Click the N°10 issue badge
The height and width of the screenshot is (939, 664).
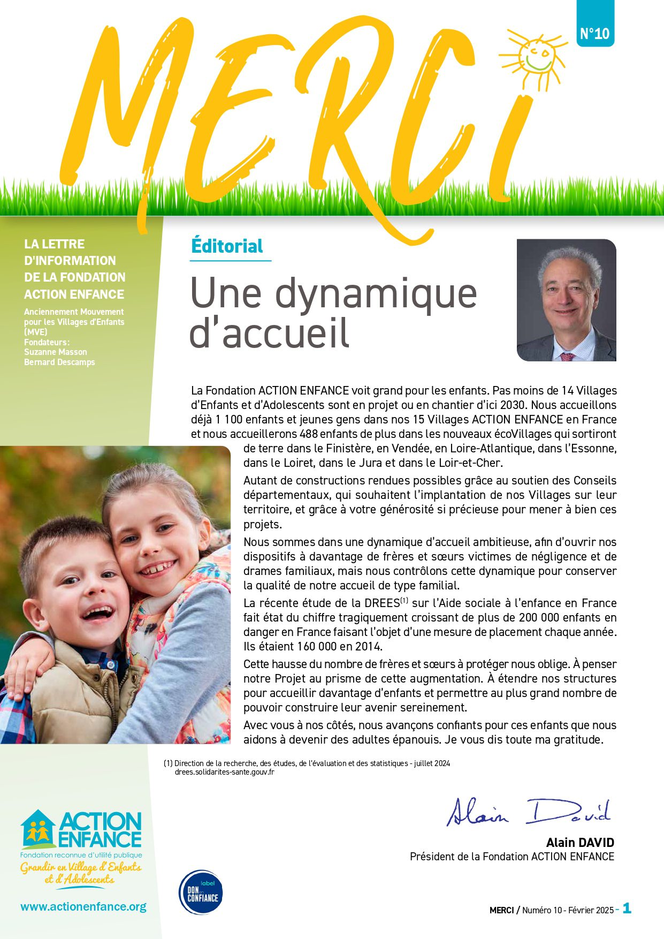(595, 33)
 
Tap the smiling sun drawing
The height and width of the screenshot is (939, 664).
(537, 56)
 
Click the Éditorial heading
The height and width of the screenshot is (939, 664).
(227, 246)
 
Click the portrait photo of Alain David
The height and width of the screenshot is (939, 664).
(566, 300)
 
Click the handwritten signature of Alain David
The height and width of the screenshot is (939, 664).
(529, 812)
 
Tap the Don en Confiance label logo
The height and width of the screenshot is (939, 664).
(201, 892)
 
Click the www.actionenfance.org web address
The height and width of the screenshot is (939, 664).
(83, 906)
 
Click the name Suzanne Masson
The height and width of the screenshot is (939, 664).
(56, 352)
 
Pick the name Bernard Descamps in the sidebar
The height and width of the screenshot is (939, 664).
(59, 362)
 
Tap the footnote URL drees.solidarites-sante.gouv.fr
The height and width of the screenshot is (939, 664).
(224, 772)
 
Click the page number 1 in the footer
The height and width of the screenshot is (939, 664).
(627, 908)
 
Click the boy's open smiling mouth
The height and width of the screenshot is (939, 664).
(99, 612)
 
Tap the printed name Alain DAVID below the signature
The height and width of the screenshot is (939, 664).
(580, 843)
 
